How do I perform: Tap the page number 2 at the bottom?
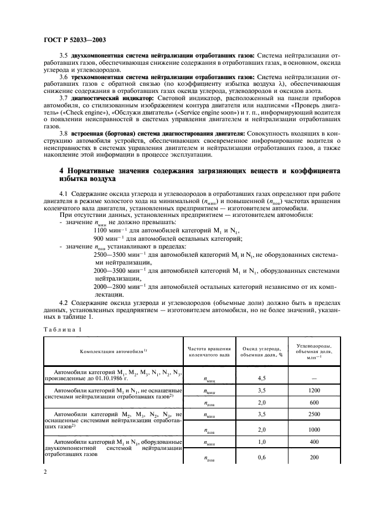pos(44,472)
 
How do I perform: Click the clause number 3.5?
pos(63,56)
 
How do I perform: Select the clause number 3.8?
pos(63,133)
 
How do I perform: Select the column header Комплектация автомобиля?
pos(114,351)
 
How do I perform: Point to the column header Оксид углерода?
pos(260,351)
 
